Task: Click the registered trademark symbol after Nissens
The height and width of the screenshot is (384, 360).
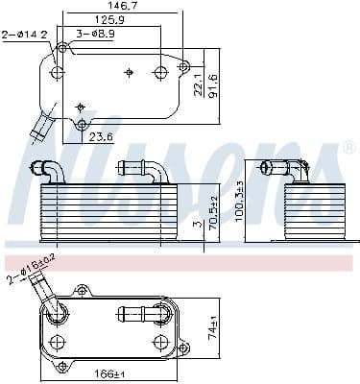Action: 349,148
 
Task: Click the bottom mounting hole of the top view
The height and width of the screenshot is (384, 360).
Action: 82,124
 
